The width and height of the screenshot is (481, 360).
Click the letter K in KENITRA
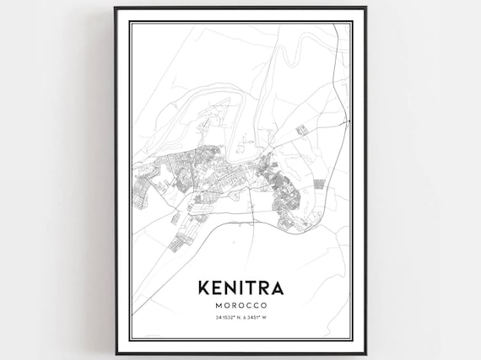pos(203,287)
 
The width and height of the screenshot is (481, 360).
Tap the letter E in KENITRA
pos(217,287)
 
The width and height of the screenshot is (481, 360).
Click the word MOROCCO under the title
pos(240,304)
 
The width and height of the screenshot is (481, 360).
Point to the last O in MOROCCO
pos(264,304)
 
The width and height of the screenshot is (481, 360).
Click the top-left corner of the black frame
pos(116,8)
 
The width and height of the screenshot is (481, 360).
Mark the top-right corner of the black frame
pos(365,8)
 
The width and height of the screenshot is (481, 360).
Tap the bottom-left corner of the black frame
pos(116,353)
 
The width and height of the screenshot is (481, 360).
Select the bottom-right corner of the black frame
pos(365,353)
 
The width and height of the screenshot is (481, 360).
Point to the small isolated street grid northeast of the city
pos(301,129)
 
